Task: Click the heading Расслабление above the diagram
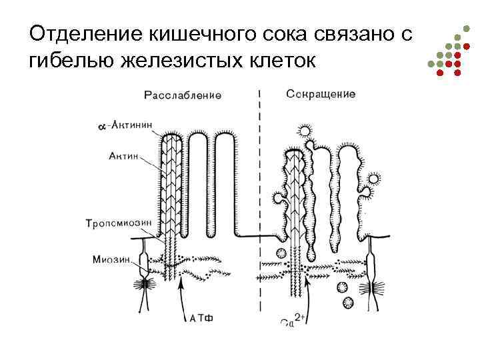[182, 95]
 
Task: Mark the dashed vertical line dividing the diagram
[259, 200]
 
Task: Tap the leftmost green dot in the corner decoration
[431, 64]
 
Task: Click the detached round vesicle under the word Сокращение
[306, 131]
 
